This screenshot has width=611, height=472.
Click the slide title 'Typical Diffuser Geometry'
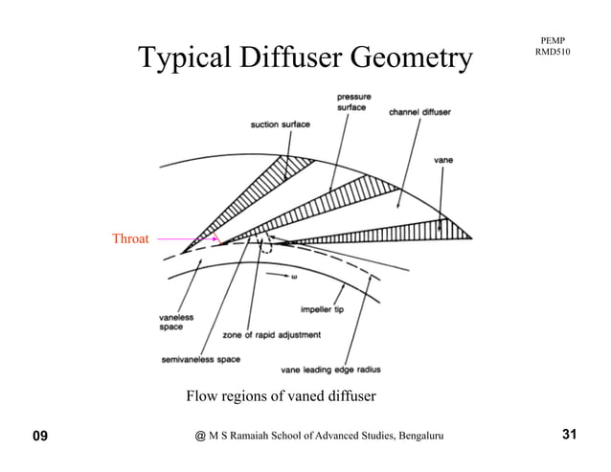305,57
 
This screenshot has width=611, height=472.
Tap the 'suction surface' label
280,124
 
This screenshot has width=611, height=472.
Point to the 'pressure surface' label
355,102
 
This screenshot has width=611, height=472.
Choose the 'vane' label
443,160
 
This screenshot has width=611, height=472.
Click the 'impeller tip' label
325,308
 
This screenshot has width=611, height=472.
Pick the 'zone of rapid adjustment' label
272,334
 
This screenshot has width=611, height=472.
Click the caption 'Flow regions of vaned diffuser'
280,396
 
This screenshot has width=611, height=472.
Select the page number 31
569,437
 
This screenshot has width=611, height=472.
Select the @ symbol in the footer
199,438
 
